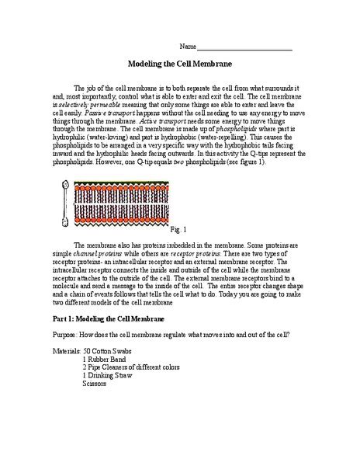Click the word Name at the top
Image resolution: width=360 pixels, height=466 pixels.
(188, 47)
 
